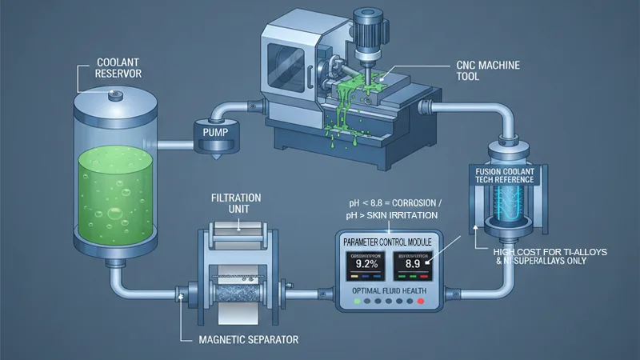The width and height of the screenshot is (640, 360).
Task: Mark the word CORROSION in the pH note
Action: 422,203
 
